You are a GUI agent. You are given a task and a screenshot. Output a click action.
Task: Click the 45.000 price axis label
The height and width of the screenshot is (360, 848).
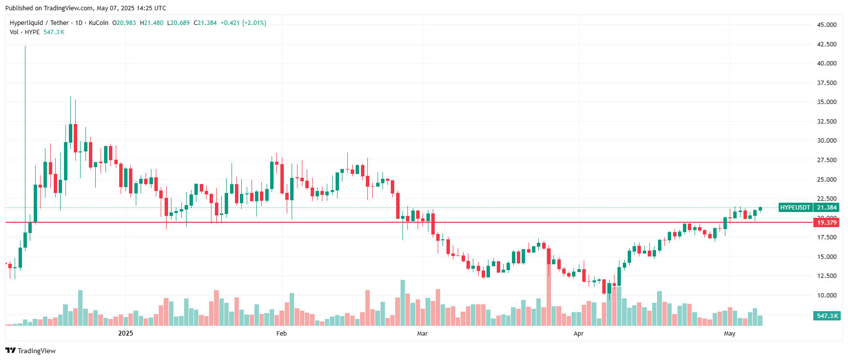click(827, 24)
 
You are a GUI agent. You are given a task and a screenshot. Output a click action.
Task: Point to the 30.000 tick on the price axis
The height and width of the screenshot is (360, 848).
click(827, 141)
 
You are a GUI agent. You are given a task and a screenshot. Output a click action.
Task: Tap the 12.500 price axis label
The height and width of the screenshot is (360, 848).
click(827, 276)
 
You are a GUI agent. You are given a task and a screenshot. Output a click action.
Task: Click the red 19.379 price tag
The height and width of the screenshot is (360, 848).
click(827, 223)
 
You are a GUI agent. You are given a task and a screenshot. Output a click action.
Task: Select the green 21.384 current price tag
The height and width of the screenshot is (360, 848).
click(827, 208)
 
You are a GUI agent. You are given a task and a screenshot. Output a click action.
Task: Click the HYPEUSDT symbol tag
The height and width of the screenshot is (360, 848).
click(795, 208)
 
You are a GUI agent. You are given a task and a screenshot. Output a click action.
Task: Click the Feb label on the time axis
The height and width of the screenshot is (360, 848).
click(281, 334)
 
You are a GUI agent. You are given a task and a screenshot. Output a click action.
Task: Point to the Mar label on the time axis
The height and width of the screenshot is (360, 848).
click(422, 334)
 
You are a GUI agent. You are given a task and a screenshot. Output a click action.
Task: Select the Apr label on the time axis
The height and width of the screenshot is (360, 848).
click(578, 334)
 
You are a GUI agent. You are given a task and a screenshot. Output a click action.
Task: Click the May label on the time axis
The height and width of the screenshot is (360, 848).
click(729, 334)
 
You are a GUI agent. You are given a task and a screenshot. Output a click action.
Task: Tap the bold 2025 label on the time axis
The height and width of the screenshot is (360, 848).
click(126, 334)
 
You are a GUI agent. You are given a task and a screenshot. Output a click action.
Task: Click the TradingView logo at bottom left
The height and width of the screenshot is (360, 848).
click(30, 351)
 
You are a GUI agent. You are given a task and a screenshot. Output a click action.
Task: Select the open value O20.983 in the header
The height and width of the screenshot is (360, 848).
click(124, 23)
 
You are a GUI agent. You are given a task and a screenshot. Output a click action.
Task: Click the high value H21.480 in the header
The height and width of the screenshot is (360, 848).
click(151, 23)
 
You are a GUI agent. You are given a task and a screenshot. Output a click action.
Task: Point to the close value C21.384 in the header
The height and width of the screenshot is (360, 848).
click(205, 23)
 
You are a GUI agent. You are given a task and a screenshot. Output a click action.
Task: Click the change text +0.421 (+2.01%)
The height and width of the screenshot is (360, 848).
click(243, 23)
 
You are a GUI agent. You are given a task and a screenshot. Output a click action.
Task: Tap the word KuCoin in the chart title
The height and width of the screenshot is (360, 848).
click(98, 23)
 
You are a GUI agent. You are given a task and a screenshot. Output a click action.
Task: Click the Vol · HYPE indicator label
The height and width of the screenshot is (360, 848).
click(24, 32)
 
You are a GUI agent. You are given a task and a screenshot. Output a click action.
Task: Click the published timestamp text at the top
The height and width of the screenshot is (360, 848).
click(85, 8)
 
